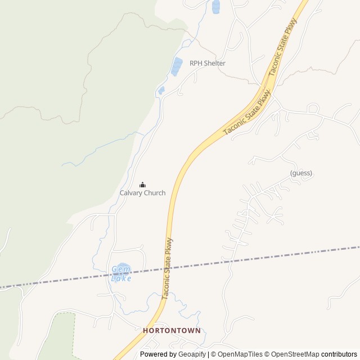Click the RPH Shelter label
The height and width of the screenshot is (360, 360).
207,63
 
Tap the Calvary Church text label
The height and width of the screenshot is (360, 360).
142,193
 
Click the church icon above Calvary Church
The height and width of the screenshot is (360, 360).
142,184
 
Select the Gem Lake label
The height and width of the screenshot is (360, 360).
121,273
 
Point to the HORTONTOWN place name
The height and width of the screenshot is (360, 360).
172,331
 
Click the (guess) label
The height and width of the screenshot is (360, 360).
301,173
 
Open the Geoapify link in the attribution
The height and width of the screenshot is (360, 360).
192,354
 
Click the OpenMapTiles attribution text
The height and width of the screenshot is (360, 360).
240,354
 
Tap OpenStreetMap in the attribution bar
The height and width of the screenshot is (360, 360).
295,354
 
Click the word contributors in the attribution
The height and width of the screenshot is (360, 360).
339,354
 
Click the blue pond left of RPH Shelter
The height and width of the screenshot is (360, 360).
177,66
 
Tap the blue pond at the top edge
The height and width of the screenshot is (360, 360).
215,6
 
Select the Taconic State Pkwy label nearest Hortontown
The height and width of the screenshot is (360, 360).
167,269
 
